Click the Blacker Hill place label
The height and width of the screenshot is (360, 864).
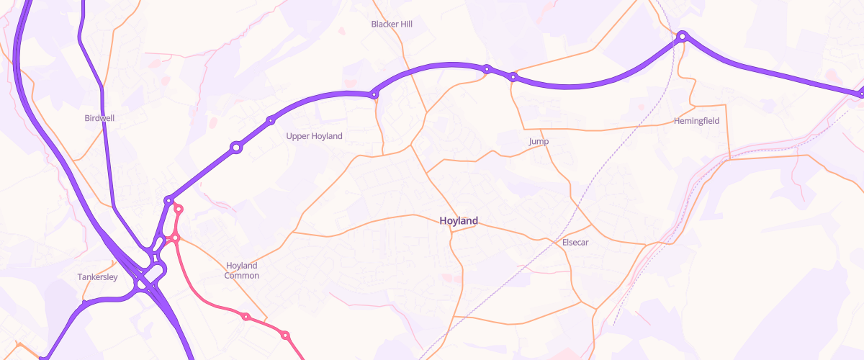(392, 24)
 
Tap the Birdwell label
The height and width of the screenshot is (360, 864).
(99, 118)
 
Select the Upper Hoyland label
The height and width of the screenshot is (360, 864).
(314, 136)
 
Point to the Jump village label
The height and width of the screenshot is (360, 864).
(539, 142)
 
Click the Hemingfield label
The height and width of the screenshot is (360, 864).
(696, 121)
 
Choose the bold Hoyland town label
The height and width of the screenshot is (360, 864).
(459, 221)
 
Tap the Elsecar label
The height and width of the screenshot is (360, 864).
(575, 243)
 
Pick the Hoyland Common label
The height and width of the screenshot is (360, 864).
(241, 271)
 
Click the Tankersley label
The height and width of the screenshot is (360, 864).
(97, 277)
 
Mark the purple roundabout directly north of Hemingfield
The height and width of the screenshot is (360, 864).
(682, 35)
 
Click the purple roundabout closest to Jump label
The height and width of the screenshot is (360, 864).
(513, 76)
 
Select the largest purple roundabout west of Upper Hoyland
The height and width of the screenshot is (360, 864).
(235, 148)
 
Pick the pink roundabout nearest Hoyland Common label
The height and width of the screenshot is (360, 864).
(246, 317)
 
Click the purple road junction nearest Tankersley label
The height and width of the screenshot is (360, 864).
(84, 303)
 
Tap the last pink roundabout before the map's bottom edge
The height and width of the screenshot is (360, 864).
(285, 336)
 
